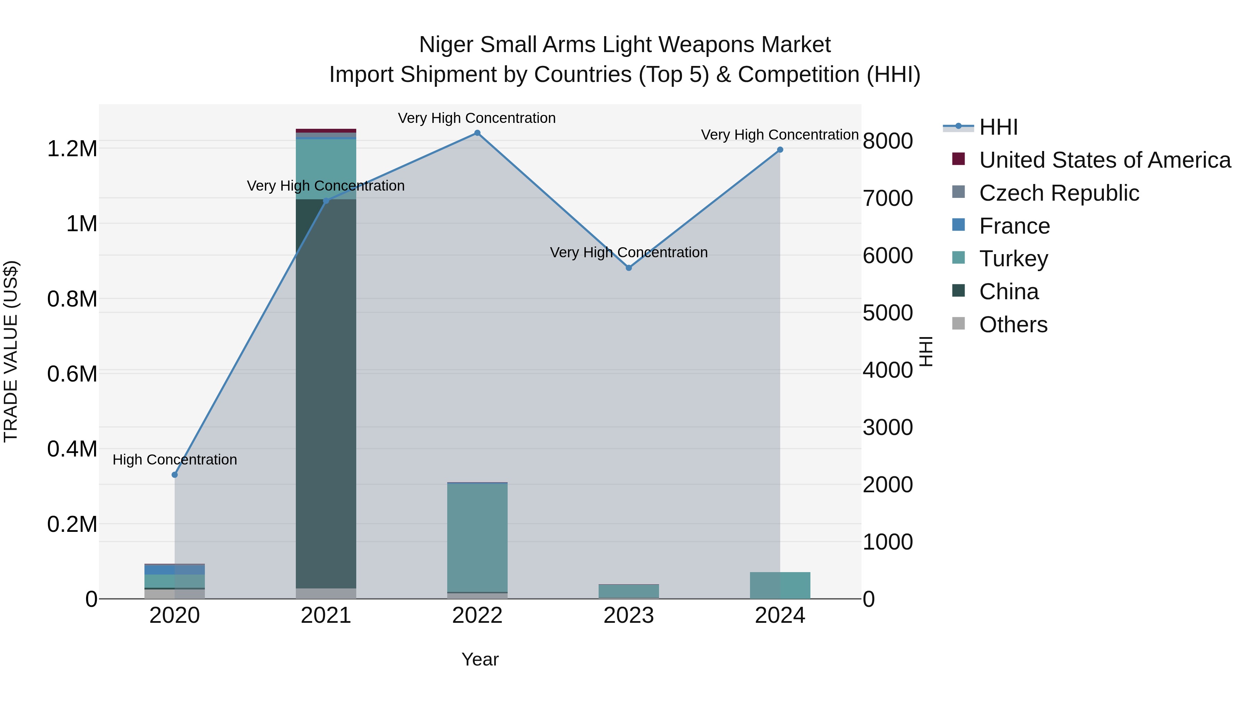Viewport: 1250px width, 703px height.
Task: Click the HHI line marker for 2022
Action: (477, 133)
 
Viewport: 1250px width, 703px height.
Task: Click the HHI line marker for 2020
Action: (175, 475)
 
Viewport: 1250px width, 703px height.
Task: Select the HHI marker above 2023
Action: (628, 268)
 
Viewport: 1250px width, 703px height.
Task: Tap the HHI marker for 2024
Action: (780, 150)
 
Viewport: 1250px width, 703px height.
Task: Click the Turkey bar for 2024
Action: (780, 586)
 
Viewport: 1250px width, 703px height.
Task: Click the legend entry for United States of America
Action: (1105, 160)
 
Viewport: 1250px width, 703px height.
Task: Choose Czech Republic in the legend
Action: (1059, 193)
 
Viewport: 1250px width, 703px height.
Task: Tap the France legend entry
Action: (1014, 226)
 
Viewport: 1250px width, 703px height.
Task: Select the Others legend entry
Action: (1013, 325)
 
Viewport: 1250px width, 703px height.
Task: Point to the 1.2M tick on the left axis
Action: (72, 149)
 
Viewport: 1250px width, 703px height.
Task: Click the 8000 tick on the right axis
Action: (887, 141)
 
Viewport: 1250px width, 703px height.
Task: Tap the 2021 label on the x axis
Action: (326, 616)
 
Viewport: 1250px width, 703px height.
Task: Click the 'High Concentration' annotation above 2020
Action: (175, 459)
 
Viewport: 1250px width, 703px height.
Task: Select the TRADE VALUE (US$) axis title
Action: (11, 351)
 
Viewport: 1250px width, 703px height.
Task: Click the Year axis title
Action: (480, 659)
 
